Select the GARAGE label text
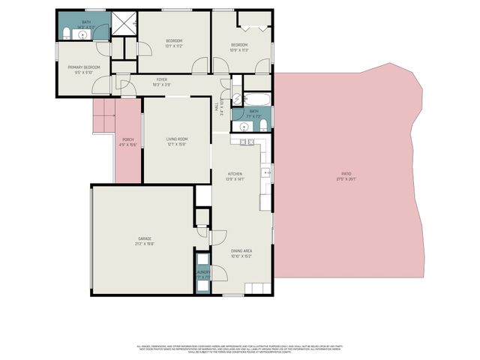pyautogui.click(x=144, y=238)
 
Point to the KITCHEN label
pyautogui.click(x=235, y=174)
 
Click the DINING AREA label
pyautogui.click(x=241, y=250)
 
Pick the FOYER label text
pyautogui.click(x=161, y=79)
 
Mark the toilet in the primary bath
pyautogui.click(x=67, y=33)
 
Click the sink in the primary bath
pyautogui.click(x=83, y=34)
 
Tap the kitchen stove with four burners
pyautogui.click(x=247, y=141)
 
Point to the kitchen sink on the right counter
pyautogui.click(x=266, y=173)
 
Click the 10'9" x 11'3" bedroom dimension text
pyautogui.click(x=240, y=49)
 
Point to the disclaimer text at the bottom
pyautogui.click(x=240, y=348)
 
